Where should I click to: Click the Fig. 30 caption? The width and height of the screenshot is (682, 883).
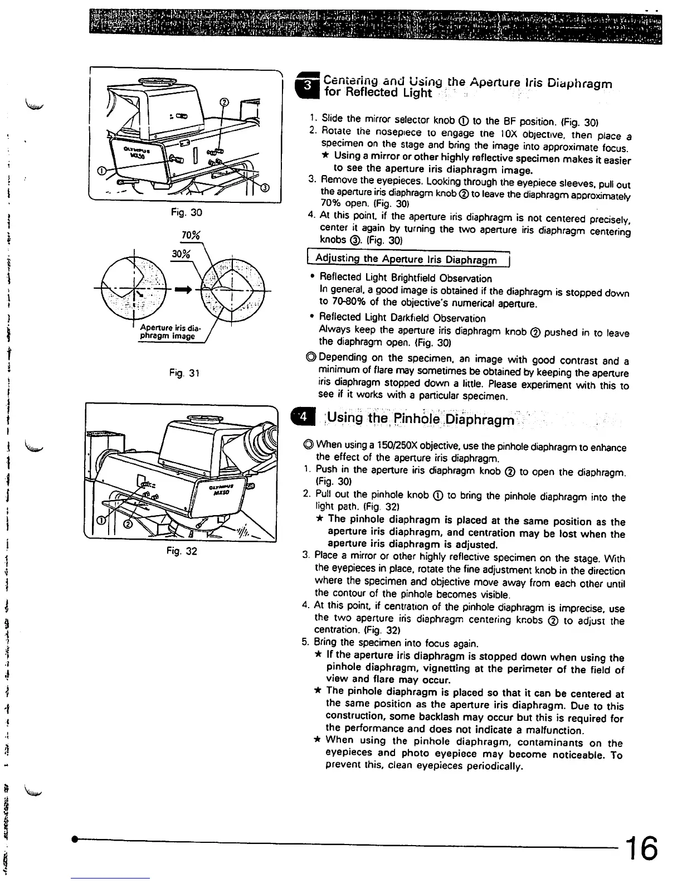[187, 212]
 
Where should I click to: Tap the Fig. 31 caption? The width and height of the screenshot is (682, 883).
[187, 372]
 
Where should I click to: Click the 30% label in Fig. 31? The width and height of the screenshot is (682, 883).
[181, 254]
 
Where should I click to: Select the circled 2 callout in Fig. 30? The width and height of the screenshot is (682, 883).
[224, 103]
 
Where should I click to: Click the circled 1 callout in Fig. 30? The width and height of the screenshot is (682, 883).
[101, 171]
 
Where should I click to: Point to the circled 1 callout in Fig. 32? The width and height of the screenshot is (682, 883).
[101, 520]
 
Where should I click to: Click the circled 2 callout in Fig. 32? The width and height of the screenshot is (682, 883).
[127, 524]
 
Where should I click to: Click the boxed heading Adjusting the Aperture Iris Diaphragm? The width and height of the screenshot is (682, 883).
[406, 259]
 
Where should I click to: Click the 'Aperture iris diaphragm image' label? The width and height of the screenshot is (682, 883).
[167, 332]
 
